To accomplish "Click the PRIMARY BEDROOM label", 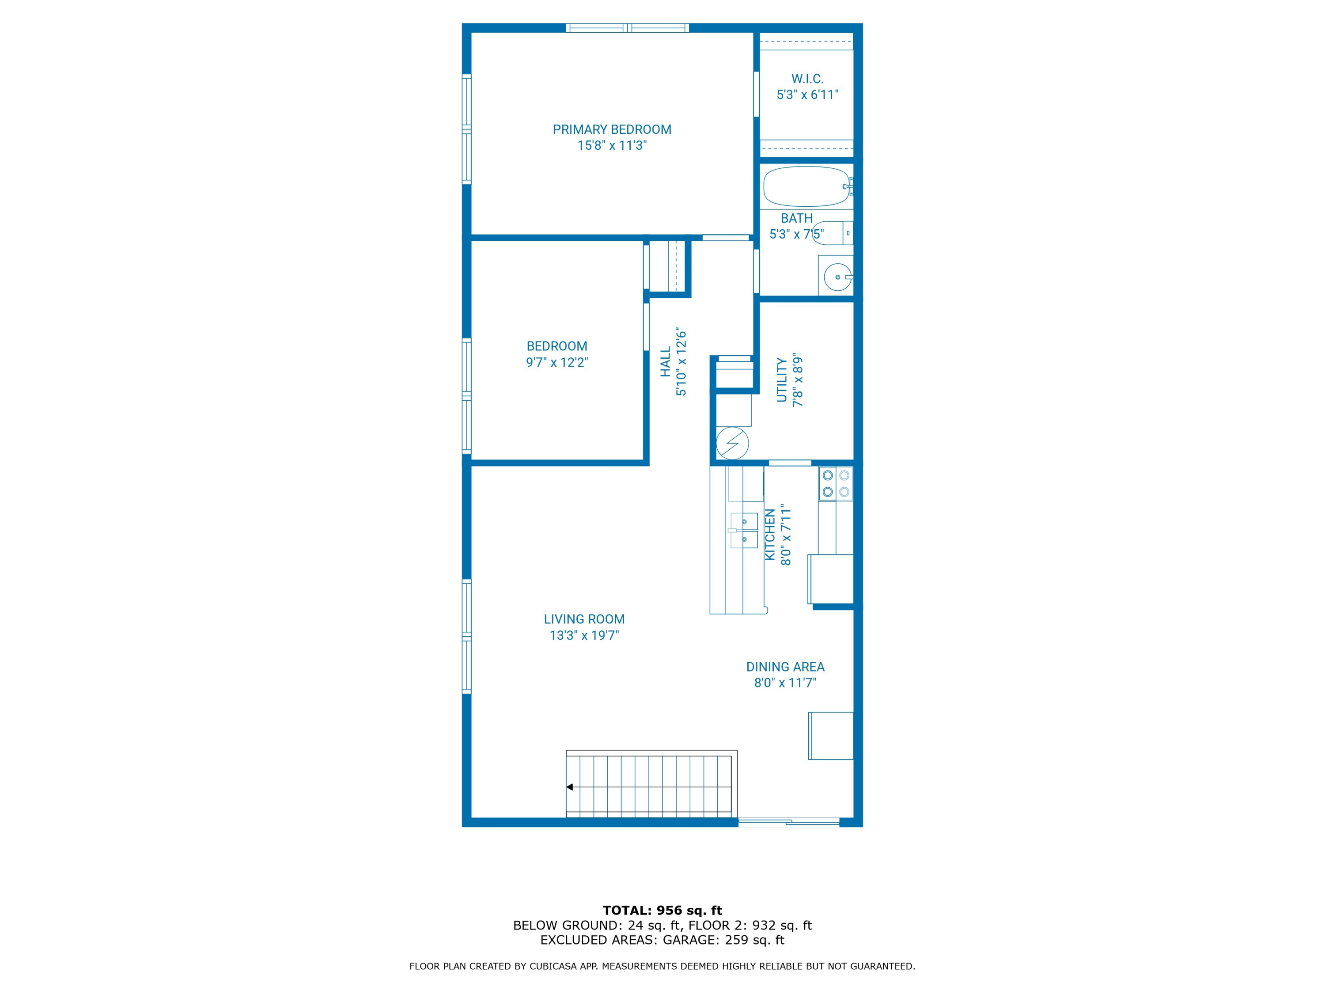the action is [612, 129].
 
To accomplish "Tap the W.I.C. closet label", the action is [807, 79].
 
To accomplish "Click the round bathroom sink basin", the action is [837, 277].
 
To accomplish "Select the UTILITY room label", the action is [781, 380].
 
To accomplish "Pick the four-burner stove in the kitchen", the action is [836, 483].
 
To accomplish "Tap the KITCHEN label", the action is [770, 535].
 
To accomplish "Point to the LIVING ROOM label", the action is [584, 619].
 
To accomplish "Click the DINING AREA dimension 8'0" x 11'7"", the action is [785, 683].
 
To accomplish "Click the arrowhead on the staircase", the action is [570, 787].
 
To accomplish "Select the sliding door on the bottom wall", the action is [788, 822].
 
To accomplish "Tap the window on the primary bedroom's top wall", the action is [627, 27].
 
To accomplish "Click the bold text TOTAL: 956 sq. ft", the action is [662, 911].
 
